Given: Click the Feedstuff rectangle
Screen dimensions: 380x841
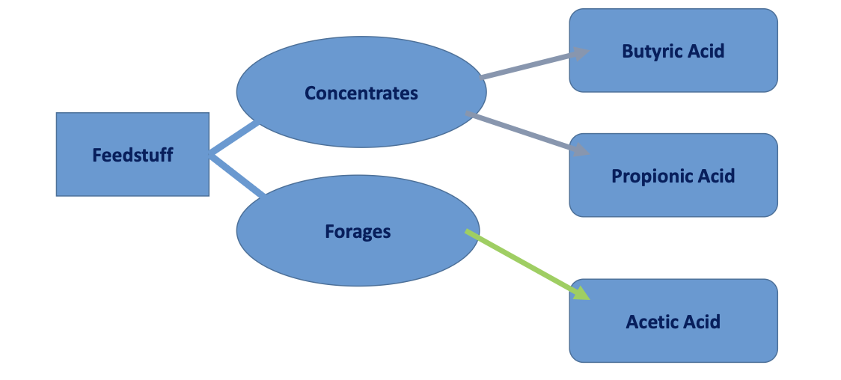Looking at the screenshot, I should (x=132, y=155).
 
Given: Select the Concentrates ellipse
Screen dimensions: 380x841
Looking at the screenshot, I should (x=361, y=93).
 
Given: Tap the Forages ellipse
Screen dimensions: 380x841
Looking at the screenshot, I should (x=358, y=232).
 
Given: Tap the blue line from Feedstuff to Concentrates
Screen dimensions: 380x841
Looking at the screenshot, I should (x=233, y=139).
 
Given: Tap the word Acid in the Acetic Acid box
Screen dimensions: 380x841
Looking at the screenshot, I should (x=703, y=322).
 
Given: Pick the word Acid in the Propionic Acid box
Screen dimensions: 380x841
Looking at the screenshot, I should (x=716, y=176).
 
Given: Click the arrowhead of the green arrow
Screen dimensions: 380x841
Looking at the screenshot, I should (x=581, y=292).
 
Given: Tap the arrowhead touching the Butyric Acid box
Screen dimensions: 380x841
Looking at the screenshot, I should (x=580, y=53).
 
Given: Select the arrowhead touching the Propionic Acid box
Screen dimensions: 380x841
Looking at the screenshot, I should (x=581, y=150).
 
